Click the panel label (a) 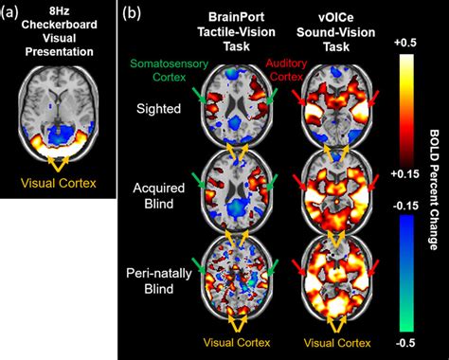coord(15,12)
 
